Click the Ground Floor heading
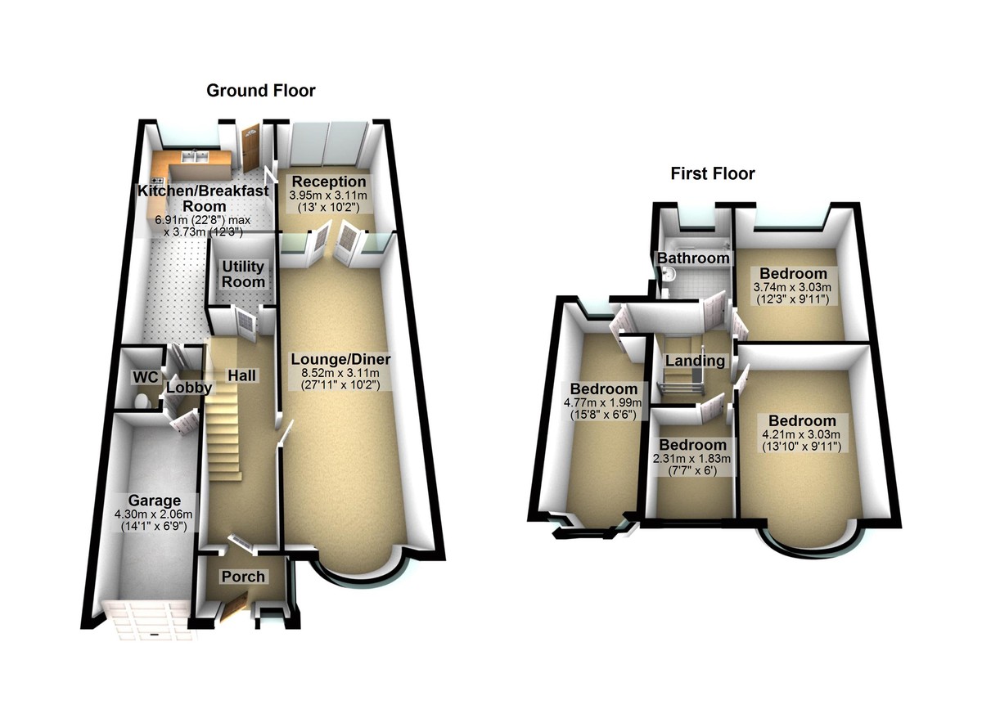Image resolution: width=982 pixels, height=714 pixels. (x=260, y=91)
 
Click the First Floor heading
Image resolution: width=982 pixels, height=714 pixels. (x=712, y=173)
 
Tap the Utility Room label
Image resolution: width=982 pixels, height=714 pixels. (x=245, y=274)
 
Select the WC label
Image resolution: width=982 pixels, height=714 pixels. (x=144, y=377)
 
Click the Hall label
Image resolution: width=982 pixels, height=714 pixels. (x=241, y=375)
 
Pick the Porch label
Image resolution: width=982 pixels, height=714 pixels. (x=243, y=577)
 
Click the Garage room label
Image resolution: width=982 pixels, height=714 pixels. (x=154, y=501)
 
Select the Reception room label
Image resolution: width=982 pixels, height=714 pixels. (x=328, y=182)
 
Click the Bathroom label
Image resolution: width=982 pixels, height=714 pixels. (x=694, y=258)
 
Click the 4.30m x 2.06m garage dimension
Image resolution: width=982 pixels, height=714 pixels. (x=154, y=514)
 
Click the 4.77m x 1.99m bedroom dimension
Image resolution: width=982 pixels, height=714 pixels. (x=603, y=403)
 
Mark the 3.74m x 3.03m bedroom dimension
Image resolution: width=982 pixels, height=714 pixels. (x=793, y=287)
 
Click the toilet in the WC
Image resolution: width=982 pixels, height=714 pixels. (x=141, y=401)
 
